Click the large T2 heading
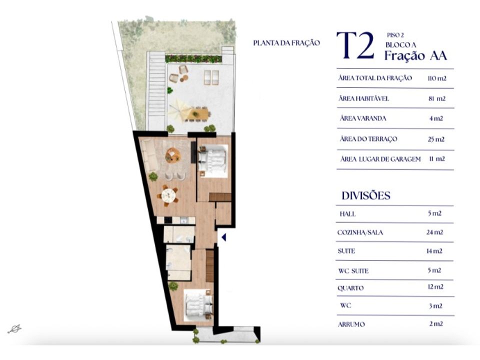coord(355,45)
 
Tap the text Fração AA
coord(415,55)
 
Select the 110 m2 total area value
coord(437,78)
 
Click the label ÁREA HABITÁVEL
coord(363,98)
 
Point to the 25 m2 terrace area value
coord(436,139)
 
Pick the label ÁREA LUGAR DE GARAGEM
coord(380,159)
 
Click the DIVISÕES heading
coord(366,195)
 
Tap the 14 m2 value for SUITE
coord(434,251)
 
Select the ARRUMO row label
coord(351,324)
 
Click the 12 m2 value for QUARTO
coord(435,287)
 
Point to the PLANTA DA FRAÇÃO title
coord(286,43)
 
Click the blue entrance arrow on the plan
coord(224,237)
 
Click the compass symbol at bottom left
coord(14,329)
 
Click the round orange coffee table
coord(173,155)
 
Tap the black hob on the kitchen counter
coord(168,220)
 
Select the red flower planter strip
coord(193,59)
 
